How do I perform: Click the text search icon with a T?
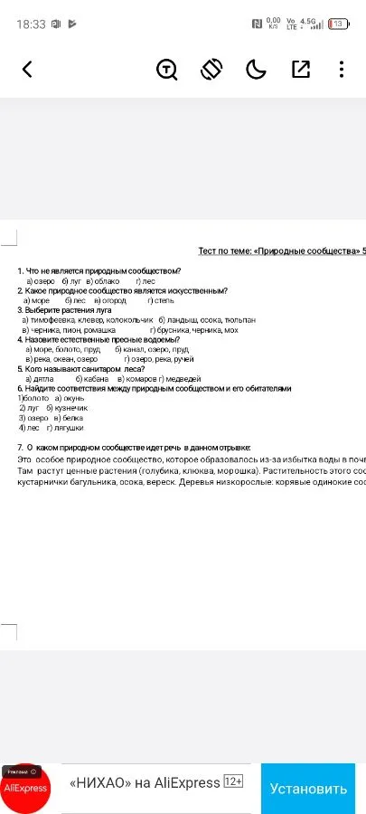167,69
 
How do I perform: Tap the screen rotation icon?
211,69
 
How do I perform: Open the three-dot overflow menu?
341,69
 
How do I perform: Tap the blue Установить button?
308,789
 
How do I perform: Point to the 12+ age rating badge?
232,781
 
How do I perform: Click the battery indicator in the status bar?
339,24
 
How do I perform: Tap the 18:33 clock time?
31,24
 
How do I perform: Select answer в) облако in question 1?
103,281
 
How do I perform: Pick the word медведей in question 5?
182,379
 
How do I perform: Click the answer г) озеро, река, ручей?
159,359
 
